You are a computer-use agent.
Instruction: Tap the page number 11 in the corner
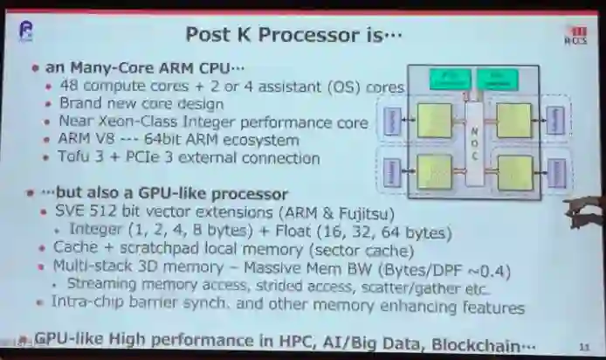[x=583, y=347]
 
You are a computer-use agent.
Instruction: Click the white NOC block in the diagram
[x=474, y=145]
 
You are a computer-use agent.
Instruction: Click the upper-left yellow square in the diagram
[x=434, y=120]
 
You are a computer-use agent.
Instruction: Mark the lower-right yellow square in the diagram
[x=514, y=170]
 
